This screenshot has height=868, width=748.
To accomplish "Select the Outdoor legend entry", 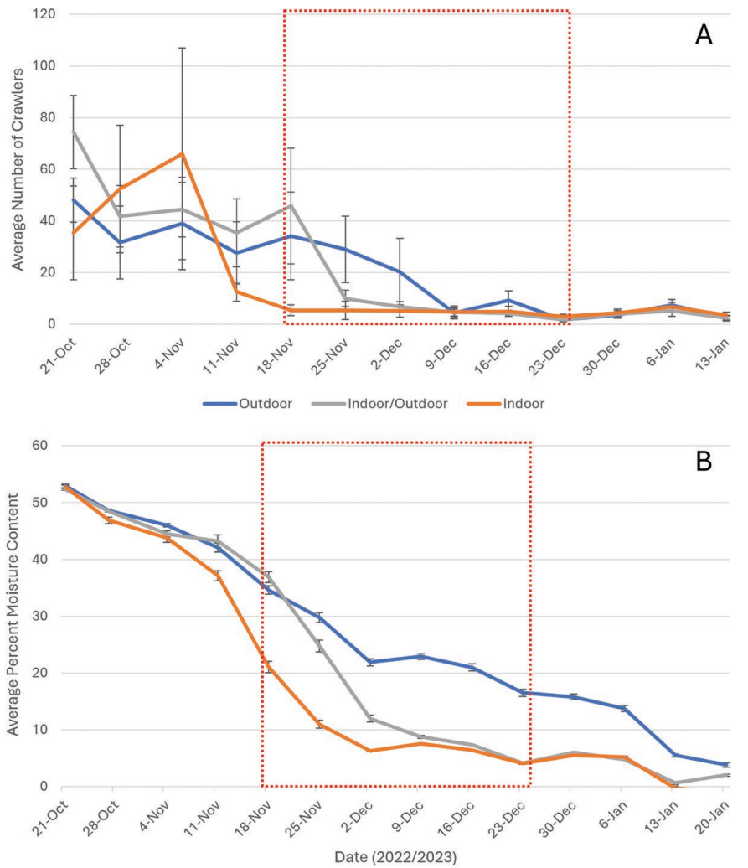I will tap(247, 403).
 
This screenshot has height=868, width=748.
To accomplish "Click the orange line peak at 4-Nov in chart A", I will tap(183, 153).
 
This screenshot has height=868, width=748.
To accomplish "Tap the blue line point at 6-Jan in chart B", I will tap(621, 708).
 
